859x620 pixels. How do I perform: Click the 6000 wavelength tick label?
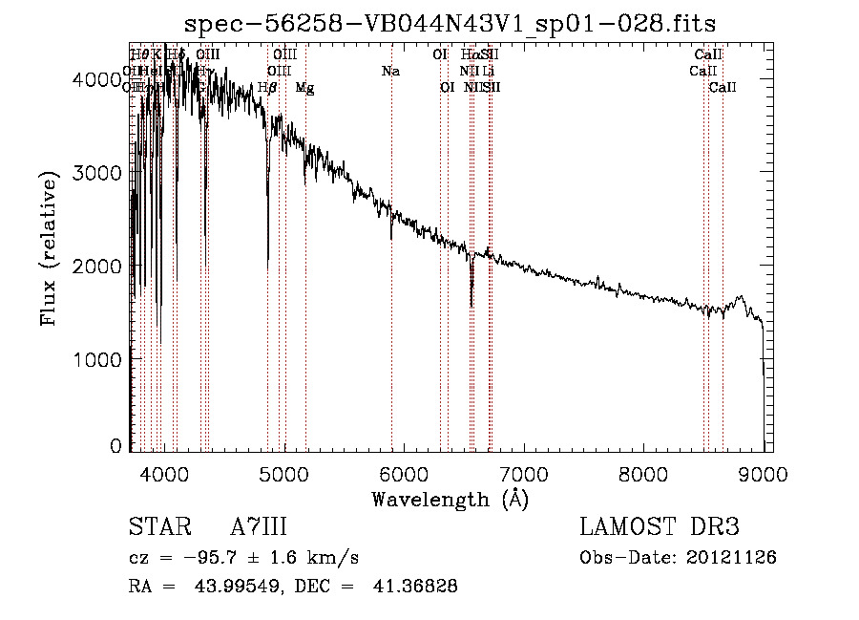pyautogui.click(x=404, y=472)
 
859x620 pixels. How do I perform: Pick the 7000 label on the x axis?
pyautogui.click(x=523, y=472)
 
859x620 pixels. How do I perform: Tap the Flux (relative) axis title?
pyautogui.click(x=49, y=247)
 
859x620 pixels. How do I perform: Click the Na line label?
pyautogui.click(x=389, y=71)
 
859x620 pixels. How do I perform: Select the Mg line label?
pyautogui.click(x=304, y=87)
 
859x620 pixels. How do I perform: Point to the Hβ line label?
pyautogui.click(x=267, y=87)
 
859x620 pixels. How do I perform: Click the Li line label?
pyautogui.click(x=489, y=71)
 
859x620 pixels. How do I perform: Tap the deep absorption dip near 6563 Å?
pyautogui.click(x=471, y=304)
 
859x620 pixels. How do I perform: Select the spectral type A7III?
pyautogui.click(x=259, y=527)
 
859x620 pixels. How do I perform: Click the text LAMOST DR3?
pyautogui.click(x=660, y=527)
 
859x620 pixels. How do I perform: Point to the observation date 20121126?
pyautogui.click(x=730, y=557)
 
